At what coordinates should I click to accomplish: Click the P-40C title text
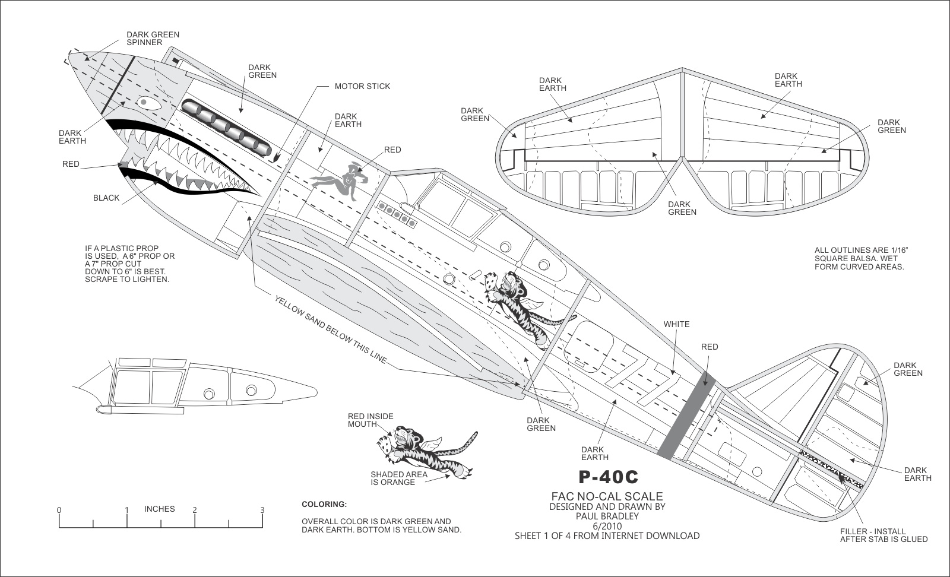608,477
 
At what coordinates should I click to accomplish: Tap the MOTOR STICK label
362,86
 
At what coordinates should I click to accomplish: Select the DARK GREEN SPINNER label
153,39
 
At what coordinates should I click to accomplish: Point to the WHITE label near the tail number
677,324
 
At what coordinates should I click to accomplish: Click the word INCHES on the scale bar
160,509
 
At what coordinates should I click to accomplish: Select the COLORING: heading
324,505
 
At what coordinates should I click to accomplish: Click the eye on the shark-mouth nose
144,102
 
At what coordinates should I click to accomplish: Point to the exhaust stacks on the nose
226,126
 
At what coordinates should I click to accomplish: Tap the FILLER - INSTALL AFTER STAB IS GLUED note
883,535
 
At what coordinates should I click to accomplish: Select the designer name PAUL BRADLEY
607,516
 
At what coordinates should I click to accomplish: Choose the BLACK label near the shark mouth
106,198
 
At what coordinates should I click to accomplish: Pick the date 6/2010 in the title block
607,525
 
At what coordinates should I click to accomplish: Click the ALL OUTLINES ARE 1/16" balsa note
861,258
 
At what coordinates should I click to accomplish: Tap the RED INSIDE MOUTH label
370,420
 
